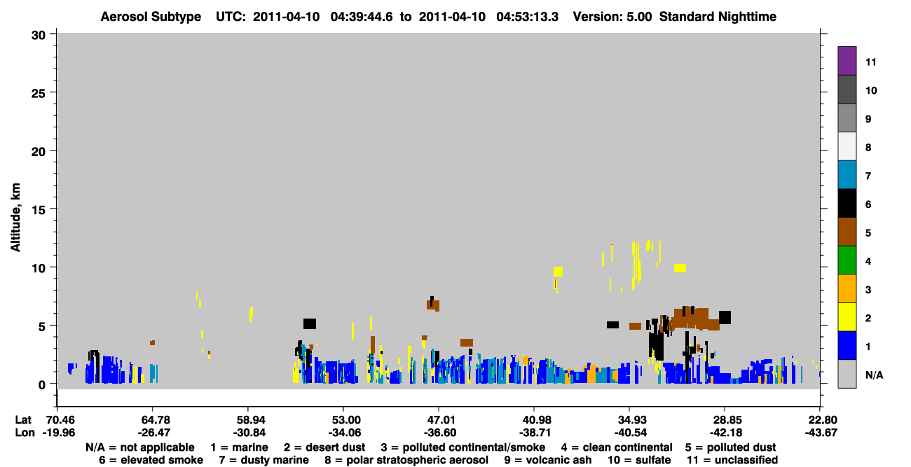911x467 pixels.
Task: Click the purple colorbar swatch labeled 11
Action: [x=847, y=61]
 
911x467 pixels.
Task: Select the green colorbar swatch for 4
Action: [x=847, y=260]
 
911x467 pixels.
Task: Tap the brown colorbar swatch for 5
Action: [x=847, y=232]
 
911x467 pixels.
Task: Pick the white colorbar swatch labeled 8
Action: [x=847, y=146]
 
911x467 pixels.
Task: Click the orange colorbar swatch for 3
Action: [x=847, y=288]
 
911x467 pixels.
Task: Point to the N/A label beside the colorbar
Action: [x=874, y=375]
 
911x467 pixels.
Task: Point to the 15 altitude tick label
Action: [x=39, y=210]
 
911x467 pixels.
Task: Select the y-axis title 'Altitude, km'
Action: [x=15, y=218]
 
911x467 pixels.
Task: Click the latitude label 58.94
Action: [x=248, y=419]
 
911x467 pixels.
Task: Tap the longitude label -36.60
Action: [x=439, y=433]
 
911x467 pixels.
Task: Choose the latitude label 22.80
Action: [x=820, y=419]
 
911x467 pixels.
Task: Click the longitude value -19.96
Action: [x=59, y=433]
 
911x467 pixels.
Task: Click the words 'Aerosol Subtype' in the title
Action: [x=151, y=17]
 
